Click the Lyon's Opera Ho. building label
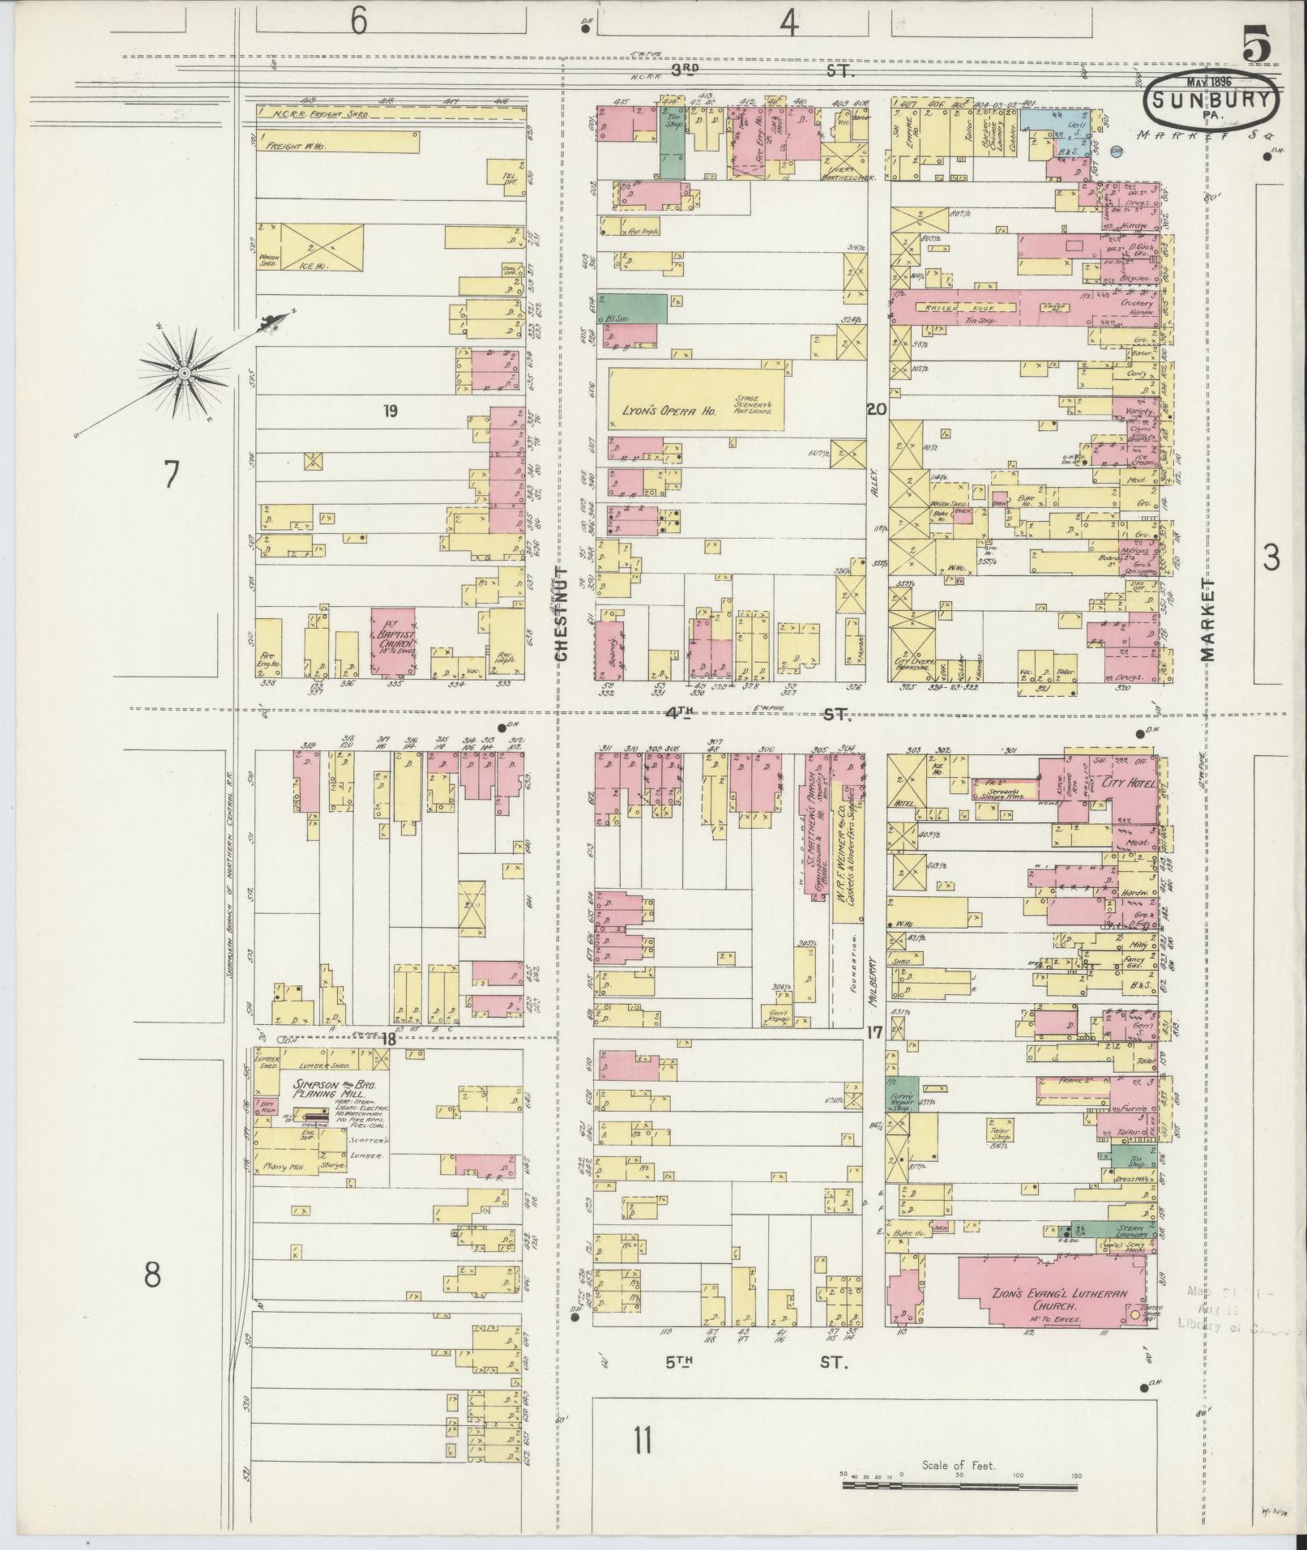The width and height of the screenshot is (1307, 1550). point(664,411)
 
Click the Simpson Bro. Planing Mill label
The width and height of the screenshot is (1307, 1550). point(322,1090)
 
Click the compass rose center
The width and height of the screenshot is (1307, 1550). point(184,373)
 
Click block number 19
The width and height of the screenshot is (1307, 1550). point(391,411)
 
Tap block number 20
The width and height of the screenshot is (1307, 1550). point(876,410)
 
